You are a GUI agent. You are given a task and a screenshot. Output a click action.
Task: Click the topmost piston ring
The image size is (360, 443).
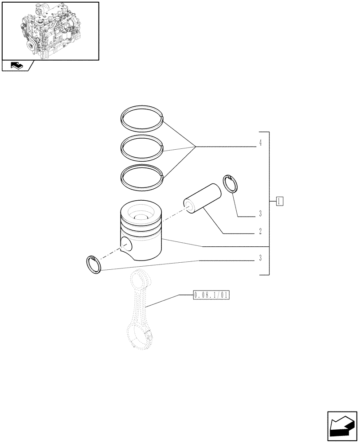(x=143, y=110)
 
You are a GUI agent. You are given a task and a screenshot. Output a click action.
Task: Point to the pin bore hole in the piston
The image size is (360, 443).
(x=126, y=245)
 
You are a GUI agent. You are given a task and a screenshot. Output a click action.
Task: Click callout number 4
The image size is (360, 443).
(x=261, y=143)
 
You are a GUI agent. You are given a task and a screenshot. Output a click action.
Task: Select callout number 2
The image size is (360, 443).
(x=261, y=231)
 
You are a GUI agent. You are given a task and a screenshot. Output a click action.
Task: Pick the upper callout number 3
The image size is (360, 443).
(x=261, y=214)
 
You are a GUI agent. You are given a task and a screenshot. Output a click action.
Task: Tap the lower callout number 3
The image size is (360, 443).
(x=261, y=258)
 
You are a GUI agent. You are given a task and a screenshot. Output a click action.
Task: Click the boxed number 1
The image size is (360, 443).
(x=279, y=201)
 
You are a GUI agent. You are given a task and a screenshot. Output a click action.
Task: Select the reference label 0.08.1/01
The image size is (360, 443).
(x=211, y=295)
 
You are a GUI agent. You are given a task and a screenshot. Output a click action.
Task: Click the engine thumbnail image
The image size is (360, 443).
(x=50, y=31)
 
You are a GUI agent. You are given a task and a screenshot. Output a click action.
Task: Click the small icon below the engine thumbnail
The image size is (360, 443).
(x=17, y=66)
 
